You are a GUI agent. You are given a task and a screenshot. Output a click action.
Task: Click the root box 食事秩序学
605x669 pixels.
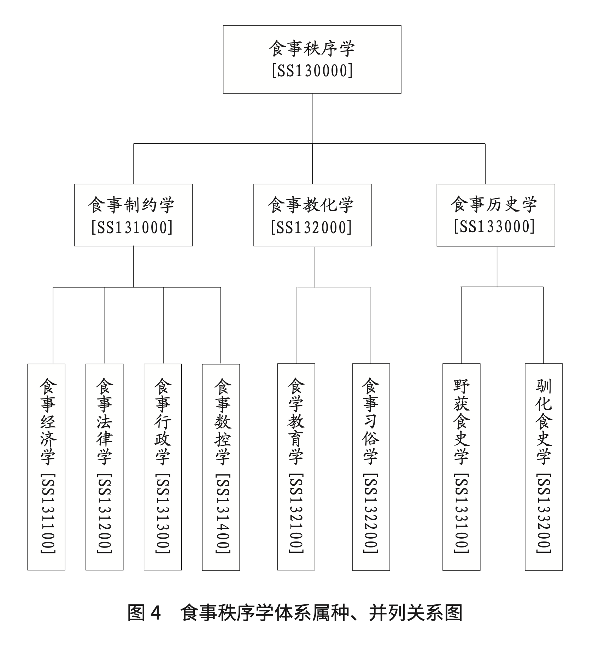tap(312, 59)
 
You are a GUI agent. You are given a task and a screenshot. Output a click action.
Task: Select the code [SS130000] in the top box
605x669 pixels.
tap(312, 71)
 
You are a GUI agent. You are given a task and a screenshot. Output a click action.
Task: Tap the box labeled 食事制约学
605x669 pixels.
tap(133, 215)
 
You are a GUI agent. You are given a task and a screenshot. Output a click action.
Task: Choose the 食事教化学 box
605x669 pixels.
tap(312, 215)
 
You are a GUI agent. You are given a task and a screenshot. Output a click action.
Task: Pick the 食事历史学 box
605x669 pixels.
tap(496, 215)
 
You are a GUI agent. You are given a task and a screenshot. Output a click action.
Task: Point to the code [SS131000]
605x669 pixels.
tap(132, 227)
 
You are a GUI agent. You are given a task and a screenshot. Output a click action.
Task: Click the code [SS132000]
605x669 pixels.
tap(312, 227)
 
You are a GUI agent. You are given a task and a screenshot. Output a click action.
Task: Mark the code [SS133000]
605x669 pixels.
tap(495, 226)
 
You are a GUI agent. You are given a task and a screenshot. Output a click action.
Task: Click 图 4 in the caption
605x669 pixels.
tap(145, 613)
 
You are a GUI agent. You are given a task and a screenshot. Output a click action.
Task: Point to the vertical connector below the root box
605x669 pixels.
tap(312, 118)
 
